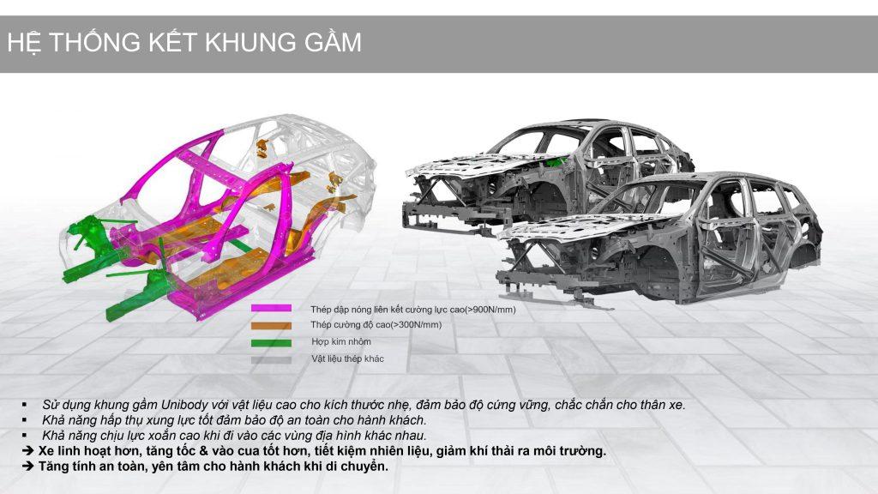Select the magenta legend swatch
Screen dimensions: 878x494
click(x=271, y=308)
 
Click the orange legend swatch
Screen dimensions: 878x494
click(x=271, y=325)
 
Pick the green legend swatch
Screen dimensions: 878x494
click(x=271, y=343)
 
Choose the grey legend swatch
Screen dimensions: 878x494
click(x=271, y=360)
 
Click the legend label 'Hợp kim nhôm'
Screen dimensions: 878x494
click(x=341, y=341)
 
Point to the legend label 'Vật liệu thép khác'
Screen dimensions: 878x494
click(x=348, y=358)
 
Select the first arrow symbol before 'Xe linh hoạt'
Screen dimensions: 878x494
click(x=27, y=451)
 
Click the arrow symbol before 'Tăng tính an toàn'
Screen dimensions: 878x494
click(x=27, y=466)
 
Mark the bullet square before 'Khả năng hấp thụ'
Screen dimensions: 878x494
click(x=25, y=419)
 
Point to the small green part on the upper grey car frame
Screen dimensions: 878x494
click(x=556, y=162)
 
